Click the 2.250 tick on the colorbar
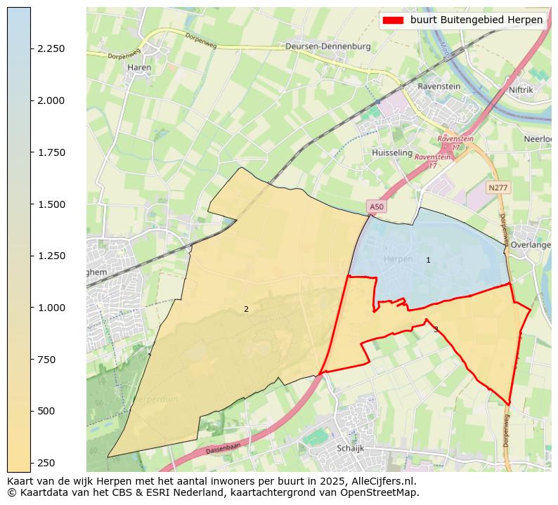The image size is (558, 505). click(51, 48)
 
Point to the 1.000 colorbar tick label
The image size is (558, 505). click(51, 308)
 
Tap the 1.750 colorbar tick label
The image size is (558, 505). click(51, 152)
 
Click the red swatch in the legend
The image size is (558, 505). click(394, 20)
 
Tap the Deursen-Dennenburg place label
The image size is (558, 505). click(327, 46)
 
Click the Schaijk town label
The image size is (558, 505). click(349, 447)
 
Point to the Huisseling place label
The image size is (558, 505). click(391, 152)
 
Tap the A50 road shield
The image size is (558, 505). click(377, 206)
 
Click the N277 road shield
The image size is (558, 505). click(498, 188)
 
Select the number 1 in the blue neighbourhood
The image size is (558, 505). click(428, 261)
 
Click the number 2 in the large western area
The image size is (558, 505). click(246, 309)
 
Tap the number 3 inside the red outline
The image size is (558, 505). click(436, 329)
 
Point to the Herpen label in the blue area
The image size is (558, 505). click(398, 259)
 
